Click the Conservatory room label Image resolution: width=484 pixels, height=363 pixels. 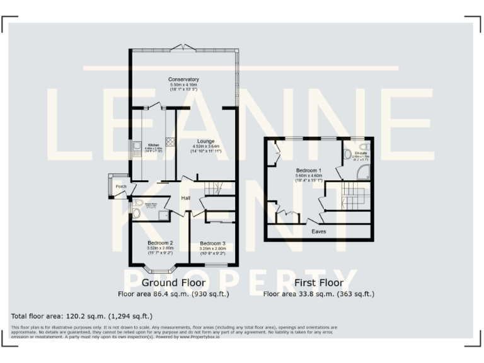click(x=183, y=79)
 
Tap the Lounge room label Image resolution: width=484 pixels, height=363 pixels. click(x=205, y=141)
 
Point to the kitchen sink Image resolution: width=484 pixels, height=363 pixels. click(x=137, y=149)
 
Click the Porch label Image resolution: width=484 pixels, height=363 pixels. click(x=120, y=187)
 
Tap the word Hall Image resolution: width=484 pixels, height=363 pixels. click(x=186, y=199)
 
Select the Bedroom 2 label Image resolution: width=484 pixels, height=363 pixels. click(x=160, y=243)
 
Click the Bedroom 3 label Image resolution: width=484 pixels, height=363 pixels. click(x=212, y=243)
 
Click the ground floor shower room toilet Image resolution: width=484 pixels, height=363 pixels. click(x=137, y=213)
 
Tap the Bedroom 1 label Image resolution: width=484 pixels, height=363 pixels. click(x=309, y=171)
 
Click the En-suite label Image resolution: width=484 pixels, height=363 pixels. click(x=361, y=153)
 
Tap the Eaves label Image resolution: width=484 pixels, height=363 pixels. click(x=319, y=231)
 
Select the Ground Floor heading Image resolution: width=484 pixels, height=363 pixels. click(x=173, y=283)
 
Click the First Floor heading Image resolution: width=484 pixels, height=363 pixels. click(x=318, y=283)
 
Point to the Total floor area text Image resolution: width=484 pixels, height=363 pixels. click(x=81, y=316)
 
